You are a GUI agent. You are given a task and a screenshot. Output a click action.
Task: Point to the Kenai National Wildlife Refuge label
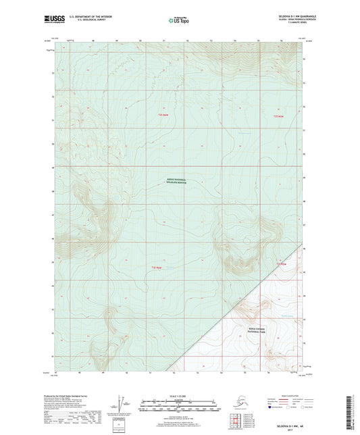(179, 181)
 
